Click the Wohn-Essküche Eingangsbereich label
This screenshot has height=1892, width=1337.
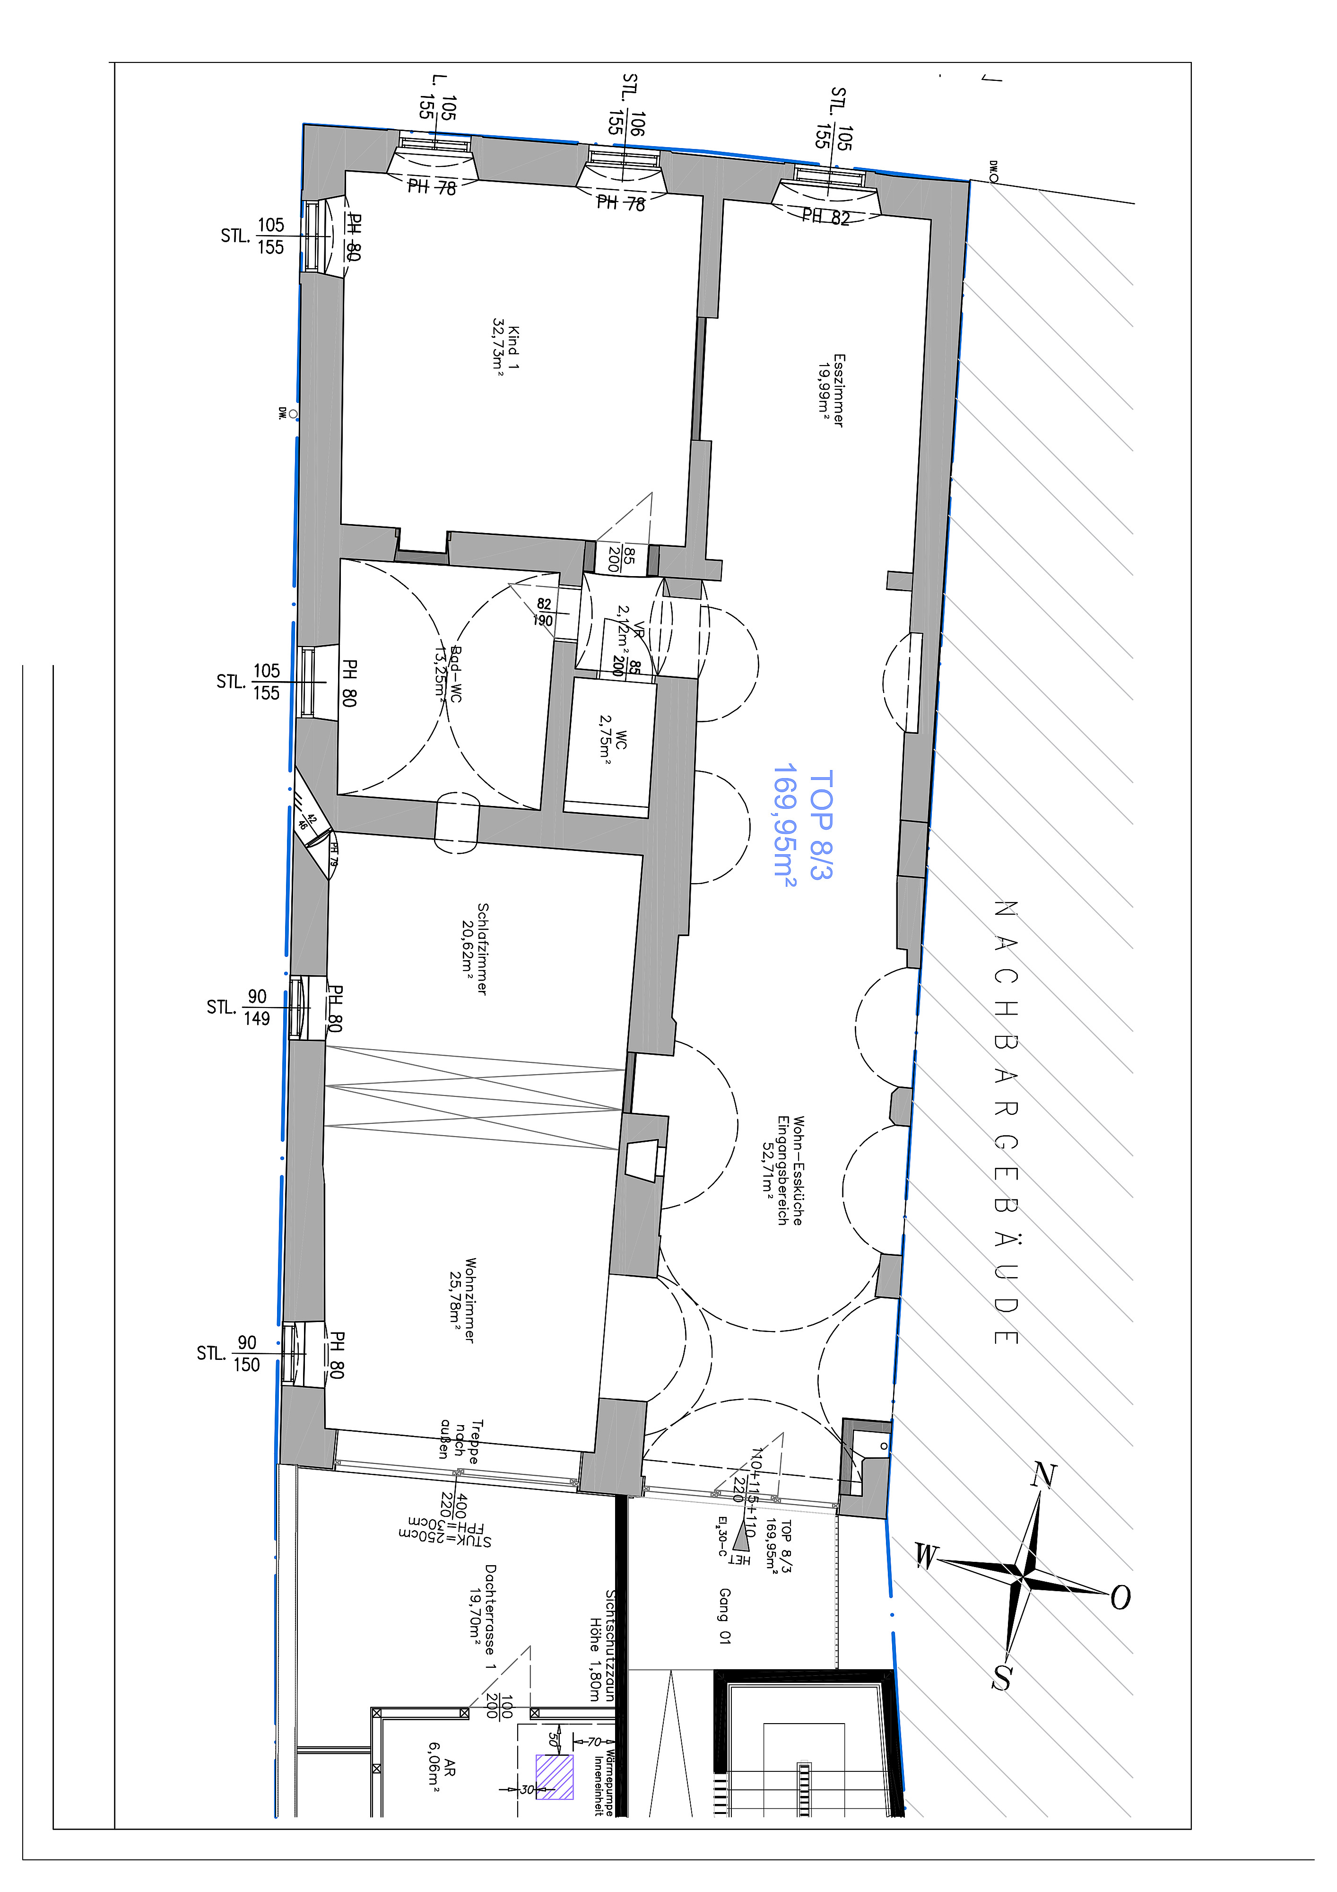tap(789, 1170)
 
